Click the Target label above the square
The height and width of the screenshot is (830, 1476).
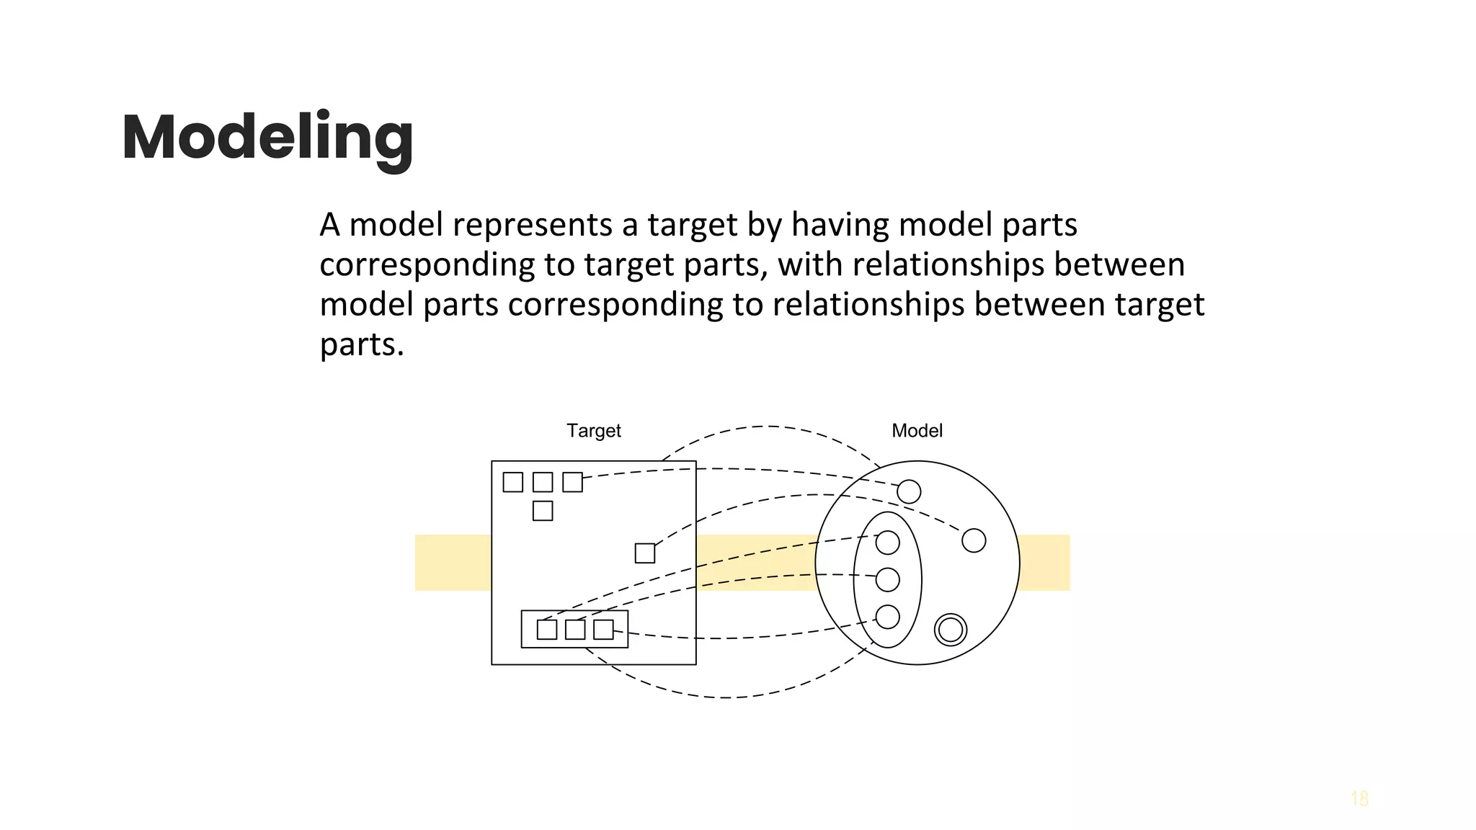[593, 431]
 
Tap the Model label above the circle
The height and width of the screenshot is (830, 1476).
[917, 431]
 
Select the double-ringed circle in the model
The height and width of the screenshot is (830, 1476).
[950, 630]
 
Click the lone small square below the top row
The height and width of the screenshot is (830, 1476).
[543, 511]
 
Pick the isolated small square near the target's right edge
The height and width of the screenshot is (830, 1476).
[645, 553]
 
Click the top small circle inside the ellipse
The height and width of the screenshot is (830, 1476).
[887, 543]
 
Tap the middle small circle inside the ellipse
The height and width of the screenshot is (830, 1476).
[887, 579]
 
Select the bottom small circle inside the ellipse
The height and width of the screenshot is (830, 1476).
[887, 617]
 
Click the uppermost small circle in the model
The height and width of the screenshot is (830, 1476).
[909, 492]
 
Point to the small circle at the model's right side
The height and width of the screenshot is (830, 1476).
[974, 540]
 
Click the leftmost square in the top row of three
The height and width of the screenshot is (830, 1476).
[512, 482]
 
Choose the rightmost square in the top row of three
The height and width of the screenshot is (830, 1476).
[572, 482]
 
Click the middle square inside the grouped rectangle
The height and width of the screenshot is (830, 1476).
[575, 630]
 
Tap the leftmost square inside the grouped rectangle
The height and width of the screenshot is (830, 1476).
[547, 630]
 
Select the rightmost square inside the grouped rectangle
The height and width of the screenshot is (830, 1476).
[603, 630]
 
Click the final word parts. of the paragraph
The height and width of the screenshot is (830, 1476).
[361, 345]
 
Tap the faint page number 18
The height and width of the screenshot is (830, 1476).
[1359, 799]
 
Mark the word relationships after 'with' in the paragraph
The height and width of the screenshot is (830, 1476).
[948, 265]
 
